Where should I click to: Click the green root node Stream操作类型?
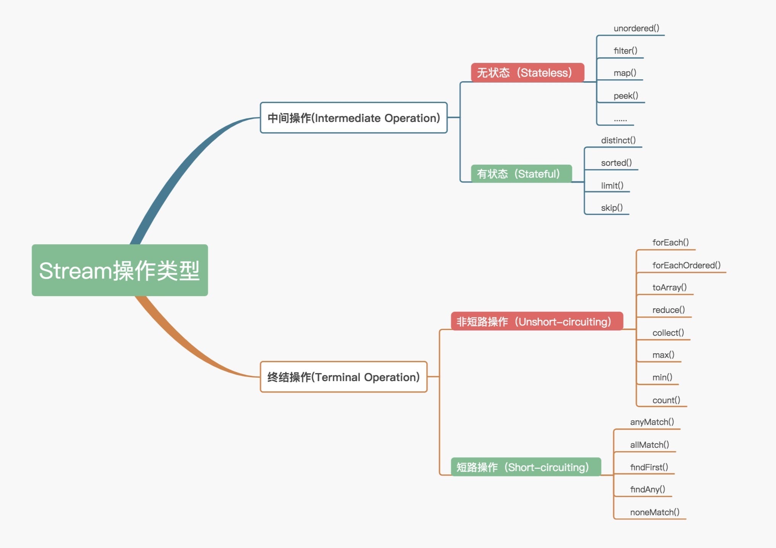click(x=120, y=270)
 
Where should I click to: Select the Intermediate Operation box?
click(x=353, y=118)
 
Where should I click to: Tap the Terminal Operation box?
click(x=343, y=377)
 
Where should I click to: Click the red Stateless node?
click(x=527, y=72)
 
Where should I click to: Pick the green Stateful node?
click(x=521, y=174)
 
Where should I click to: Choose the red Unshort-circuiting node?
click(x=537, y=321)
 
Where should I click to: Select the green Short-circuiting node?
click(x=526, y=467)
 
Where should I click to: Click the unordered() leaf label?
click(x=636, y=28)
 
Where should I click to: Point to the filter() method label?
click(x=625, y=51)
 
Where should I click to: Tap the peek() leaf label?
click(x=625, y=96)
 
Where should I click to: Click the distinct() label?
click(x=618, y=140)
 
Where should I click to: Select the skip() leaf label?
click(x=612, y=208)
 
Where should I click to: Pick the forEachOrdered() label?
click(x=686, y=265)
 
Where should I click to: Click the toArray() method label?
click(x=669, y=287)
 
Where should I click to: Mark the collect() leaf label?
click(x=668, y=333)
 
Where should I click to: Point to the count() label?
click(x=666, y=400)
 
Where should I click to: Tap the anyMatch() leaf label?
click(x=652, y=422)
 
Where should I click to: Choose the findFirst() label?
click(x=649, y=467)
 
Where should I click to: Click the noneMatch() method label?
click(x=654, y=512)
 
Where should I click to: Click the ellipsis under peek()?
click(x=620, y=120)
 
